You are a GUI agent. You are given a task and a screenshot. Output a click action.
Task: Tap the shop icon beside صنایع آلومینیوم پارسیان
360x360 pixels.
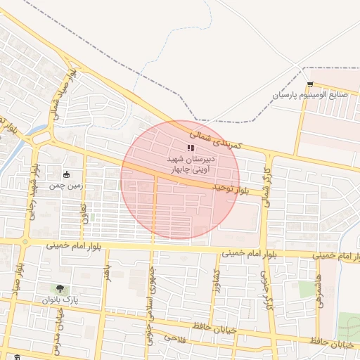[x=310, y=85]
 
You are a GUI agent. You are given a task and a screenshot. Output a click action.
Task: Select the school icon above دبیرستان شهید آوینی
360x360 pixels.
[x=190, y=148]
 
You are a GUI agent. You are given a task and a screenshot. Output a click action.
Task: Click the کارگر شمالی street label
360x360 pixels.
[x=266, y=181]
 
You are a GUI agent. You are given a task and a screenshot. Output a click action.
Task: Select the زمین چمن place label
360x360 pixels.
[x=67, y=186]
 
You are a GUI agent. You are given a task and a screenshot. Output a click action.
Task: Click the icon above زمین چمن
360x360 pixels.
[x=67, y=174]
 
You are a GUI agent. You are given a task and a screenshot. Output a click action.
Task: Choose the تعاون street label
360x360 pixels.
[x=84, y=213]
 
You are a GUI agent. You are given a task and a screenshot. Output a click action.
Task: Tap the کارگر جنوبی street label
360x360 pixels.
[x=266, y=291]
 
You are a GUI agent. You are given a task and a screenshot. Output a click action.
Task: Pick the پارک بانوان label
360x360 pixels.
[x=57, y=300]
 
